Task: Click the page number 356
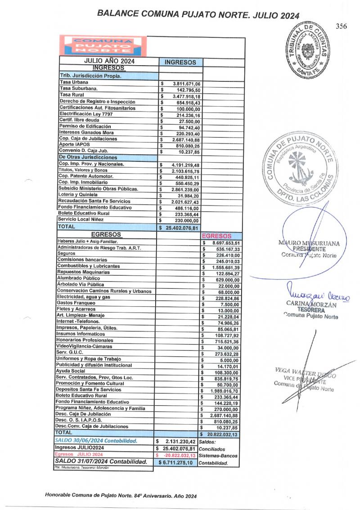click(342, 26)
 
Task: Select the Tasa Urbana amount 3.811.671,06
click(189, 84)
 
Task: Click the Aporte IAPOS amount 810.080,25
click(189, 145)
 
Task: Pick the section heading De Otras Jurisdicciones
click(88, 157)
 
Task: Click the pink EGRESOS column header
click(217, 236)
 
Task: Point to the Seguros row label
click(66, 254)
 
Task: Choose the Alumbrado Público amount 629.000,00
click(228, 279)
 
